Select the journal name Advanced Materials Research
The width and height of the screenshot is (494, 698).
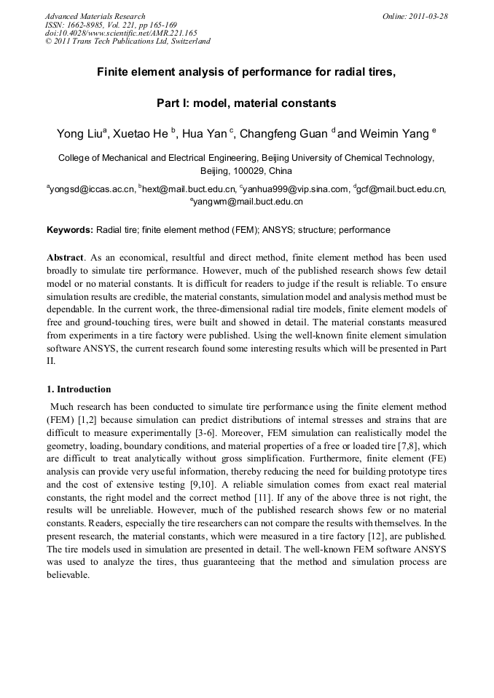(x=95, y=15)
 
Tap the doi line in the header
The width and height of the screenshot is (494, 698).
(x=121, y=33)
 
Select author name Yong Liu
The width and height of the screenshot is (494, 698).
(x=79, y=134)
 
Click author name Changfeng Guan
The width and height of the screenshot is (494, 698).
(x=284, y=134)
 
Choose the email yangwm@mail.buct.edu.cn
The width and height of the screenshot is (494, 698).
(x=248, y=202)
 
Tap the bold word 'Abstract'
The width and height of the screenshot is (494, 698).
(x=66, y=258)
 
